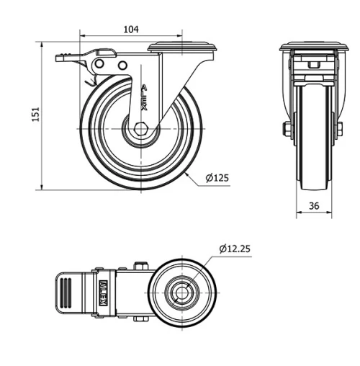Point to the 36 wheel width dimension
tap(314, 205)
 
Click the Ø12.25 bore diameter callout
tap(235, 249)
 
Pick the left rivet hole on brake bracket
tap(97, 66)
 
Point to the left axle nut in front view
tap(287, 130)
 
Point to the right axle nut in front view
tap(340, 130)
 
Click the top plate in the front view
tap(313, 48)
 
